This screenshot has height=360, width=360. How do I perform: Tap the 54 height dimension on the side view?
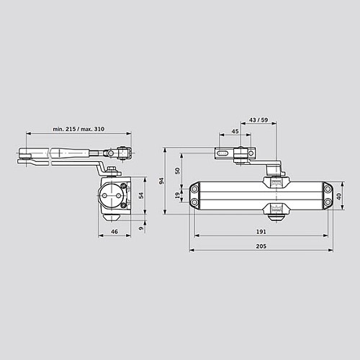(x=141, y=194)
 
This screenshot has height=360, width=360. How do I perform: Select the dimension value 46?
(x=115, y=231)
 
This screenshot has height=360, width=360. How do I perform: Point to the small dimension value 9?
(x=141, y=230)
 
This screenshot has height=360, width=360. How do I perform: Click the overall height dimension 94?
(x=163, y=181)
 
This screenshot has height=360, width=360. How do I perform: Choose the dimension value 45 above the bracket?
(x=235, y=132)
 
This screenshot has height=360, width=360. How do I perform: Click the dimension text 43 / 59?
(x=258, y=119)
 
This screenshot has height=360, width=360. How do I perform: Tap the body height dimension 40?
(x=339, y=195)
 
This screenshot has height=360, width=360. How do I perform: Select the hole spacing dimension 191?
(x=261, y=232)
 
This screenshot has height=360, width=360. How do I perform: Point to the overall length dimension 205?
(x=261, y=246)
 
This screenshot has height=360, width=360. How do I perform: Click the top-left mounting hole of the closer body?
(x=194, y=189)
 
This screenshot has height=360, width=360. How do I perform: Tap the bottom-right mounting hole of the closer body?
(x=328, y=202)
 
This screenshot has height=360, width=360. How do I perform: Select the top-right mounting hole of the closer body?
(x=328, y=189)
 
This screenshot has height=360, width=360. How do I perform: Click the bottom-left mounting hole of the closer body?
(x=194, y=202)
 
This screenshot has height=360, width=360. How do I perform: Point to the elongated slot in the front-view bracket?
(x=224, y=153)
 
